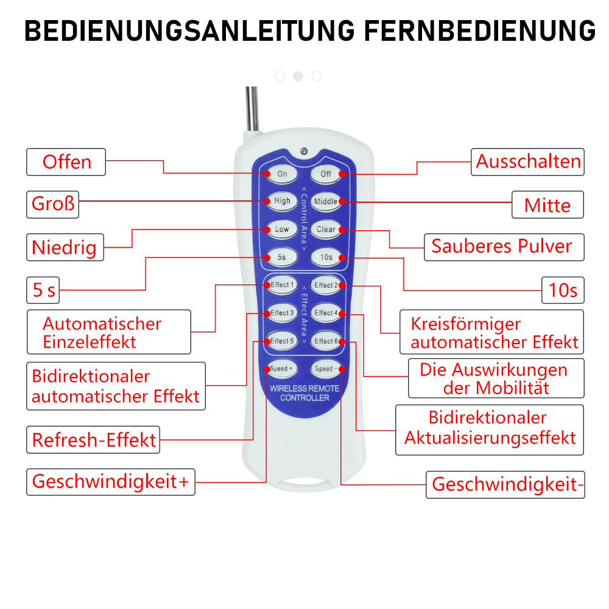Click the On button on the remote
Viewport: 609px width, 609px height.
[x=283, y=174]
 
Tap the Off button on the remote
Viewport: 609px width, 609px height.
[x=325, y=174]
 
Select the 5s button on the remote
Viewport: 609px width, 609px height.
[x=282, y=257]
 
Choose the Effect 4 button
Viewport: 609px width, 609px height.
[x=326, y=313]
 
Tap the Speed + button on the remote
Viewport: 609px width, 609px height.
[x=282, y=368]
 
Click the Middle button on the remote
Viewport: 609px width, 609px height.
[x=326, y=202]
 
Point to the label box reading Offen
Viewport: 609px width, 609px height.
[x=66, y=162]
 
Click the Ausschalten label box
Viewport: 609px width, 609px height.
[x=527, y=162]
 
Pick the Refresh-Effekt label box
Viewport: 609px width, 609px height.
[x=93, y=440]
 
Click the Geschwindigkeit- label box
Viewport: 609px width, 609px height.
[x=505, y=485]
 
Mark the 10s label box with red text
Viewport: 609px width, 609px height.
[x=563, y=290]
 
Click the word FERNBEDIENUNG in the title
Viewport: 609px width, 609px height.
[x=480, y=31]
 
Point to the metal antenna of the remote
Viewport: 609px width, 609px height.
[x=252, y=109]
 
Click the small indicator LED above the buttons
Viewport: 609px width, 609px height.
[x=304, y=151]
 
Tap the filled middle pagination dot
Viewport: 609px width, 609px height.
[x=298, y=77]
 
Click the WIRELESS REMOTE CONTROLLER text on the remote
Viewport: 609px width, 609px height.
[x=305, y=393]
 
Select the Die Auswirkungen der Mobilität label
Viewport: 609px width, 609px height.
[x=496, y=378]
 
